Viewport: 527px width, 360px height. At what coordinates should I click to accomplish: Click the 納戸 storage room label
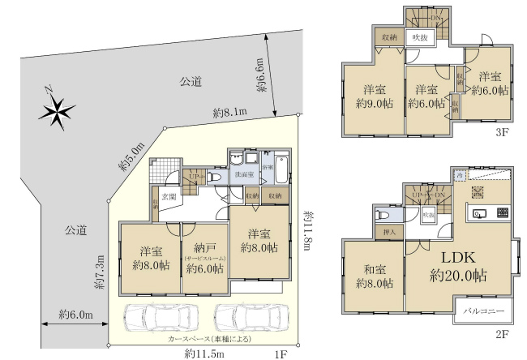203,248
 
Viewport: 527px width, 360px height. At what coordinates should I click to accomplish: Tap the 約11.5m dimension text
204,353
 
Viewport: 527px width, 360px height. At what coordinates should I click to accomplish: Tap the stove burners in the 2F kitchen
500,213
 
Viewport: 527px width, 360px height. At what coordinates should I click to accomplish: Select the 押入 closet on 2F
388,233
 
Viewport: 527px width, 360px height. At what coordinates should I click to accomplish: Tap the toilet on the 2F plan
383,215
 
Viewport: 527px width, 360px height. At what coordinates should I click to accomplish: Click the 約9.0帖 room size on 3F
374,103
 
